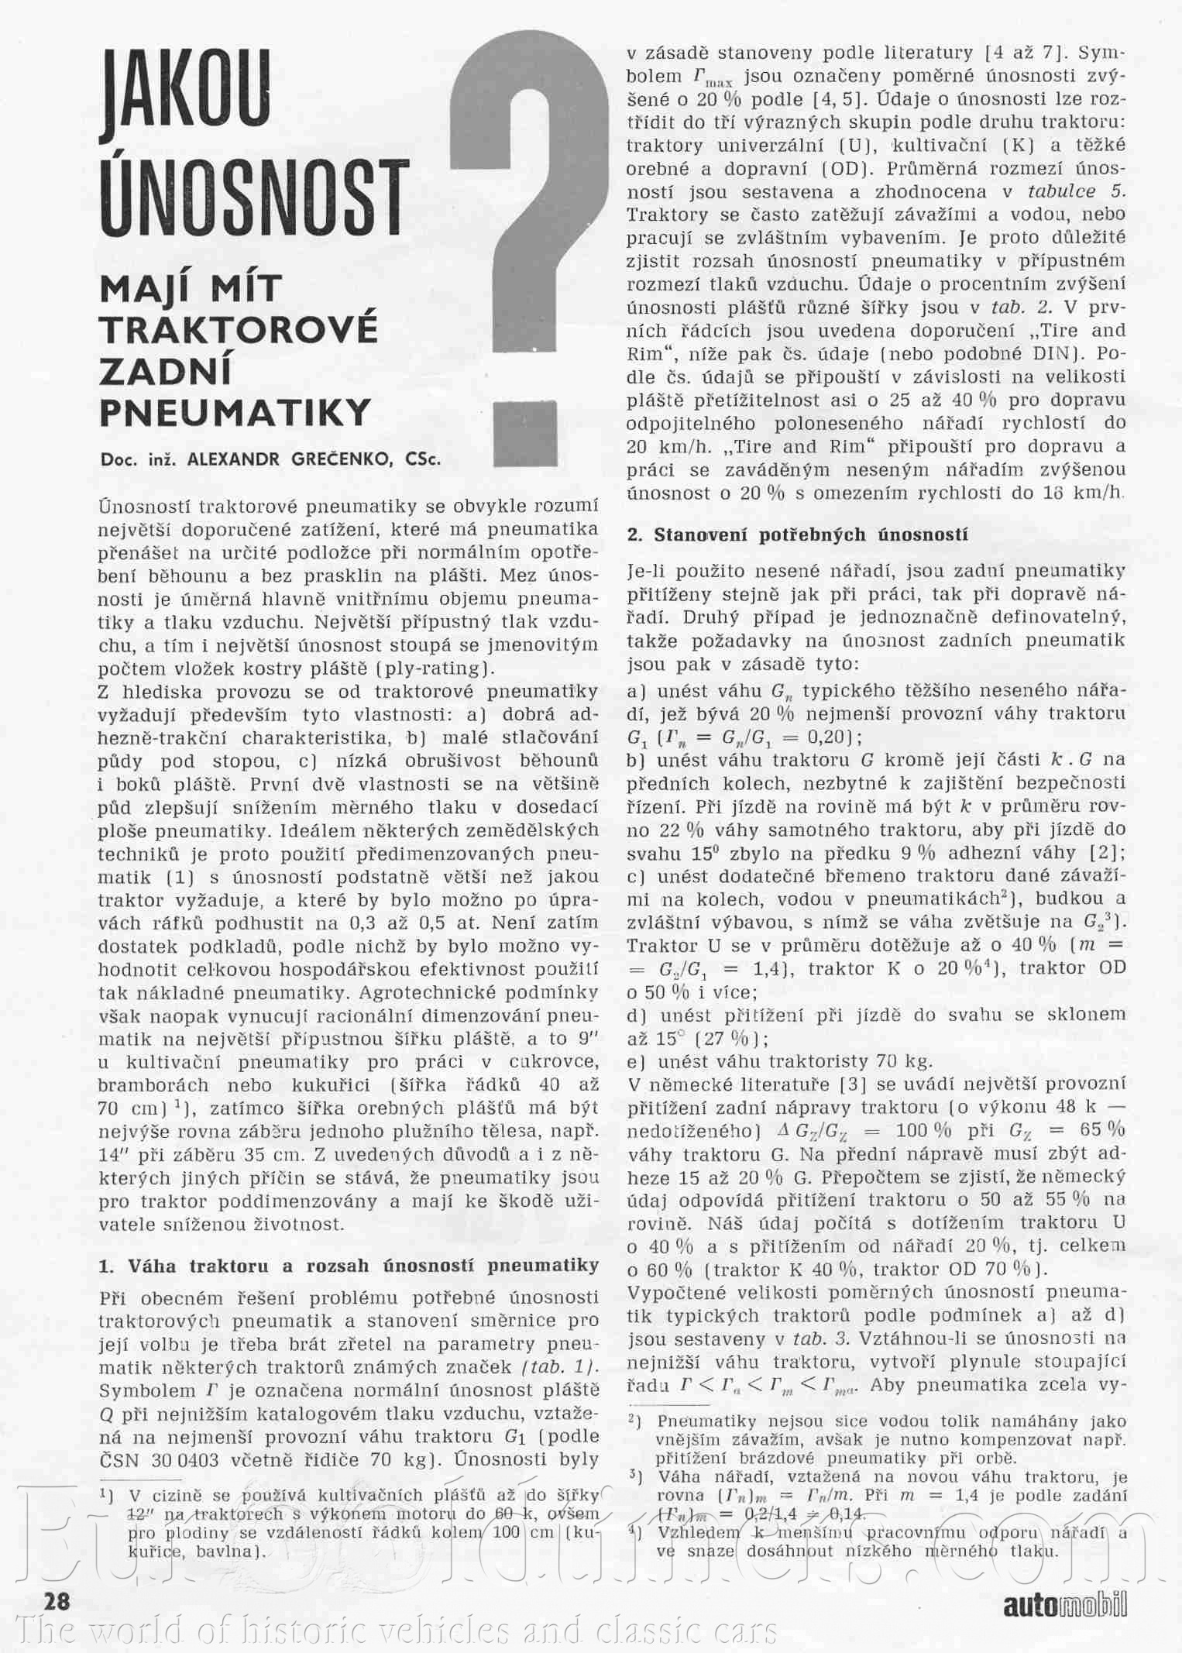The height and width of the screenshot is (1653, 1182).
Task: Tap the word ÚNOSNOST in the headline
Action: [254, 198]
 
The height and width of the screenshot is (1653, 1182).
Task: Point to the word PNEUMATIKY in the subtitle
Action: [235, 412]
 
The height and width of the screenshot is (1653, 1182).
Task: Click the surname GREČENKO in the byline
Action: [340, 459]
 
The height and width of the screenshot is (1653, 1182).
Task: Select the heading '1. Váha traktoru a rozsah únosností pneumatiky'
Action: [349, 1266]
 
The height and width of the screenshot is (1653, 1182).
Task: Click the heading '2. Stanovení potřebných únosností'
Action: [797, 534]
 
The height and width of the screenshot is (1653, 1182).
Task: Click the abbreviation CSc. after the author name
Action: [423, 459]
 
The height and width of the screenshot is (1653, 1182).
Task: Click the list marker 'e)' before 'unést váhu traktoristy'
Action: [637, 1061]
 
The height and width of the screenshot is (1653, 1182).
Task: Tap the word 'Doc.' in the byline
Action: [117, 459]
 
